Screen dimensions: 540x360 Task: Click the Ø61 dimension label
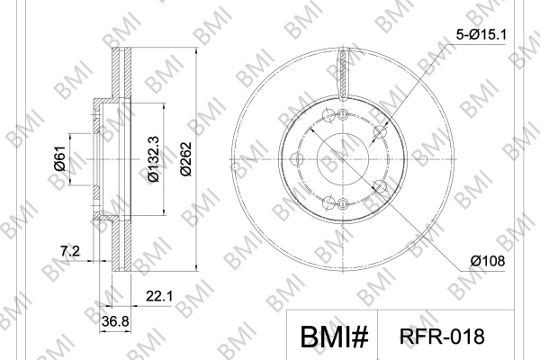pyautogui.click(x=59, y=158)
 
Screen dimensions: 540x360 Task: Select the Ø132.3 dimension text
pyautogui.click(x=153, y=158)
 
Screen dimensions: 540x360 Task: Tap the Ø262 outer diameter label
pyautogui.click(x=185, y=158)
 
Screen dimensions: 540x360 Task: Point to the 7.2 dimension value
pyautogui.click(x=70, y=251)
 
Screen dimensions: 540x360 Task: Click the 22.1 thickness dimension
pyautogui.click(x=159, y=295)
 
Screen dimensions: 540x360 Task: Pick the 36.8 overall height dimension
pyautogui.click(x=115, y=321)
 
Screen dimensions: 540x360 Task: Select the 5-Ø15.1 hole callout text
pyautogui.click(x=481, y=34)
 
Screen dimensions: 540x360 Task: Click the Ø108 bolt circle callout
pyautogui.click(x=488, y=261)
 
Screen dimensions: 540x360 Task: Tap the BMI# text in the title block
pyautogui.click(x=334, y=337)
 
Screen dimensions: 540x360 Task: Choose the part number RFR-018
pyautogui.click(x=442, y=337)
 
